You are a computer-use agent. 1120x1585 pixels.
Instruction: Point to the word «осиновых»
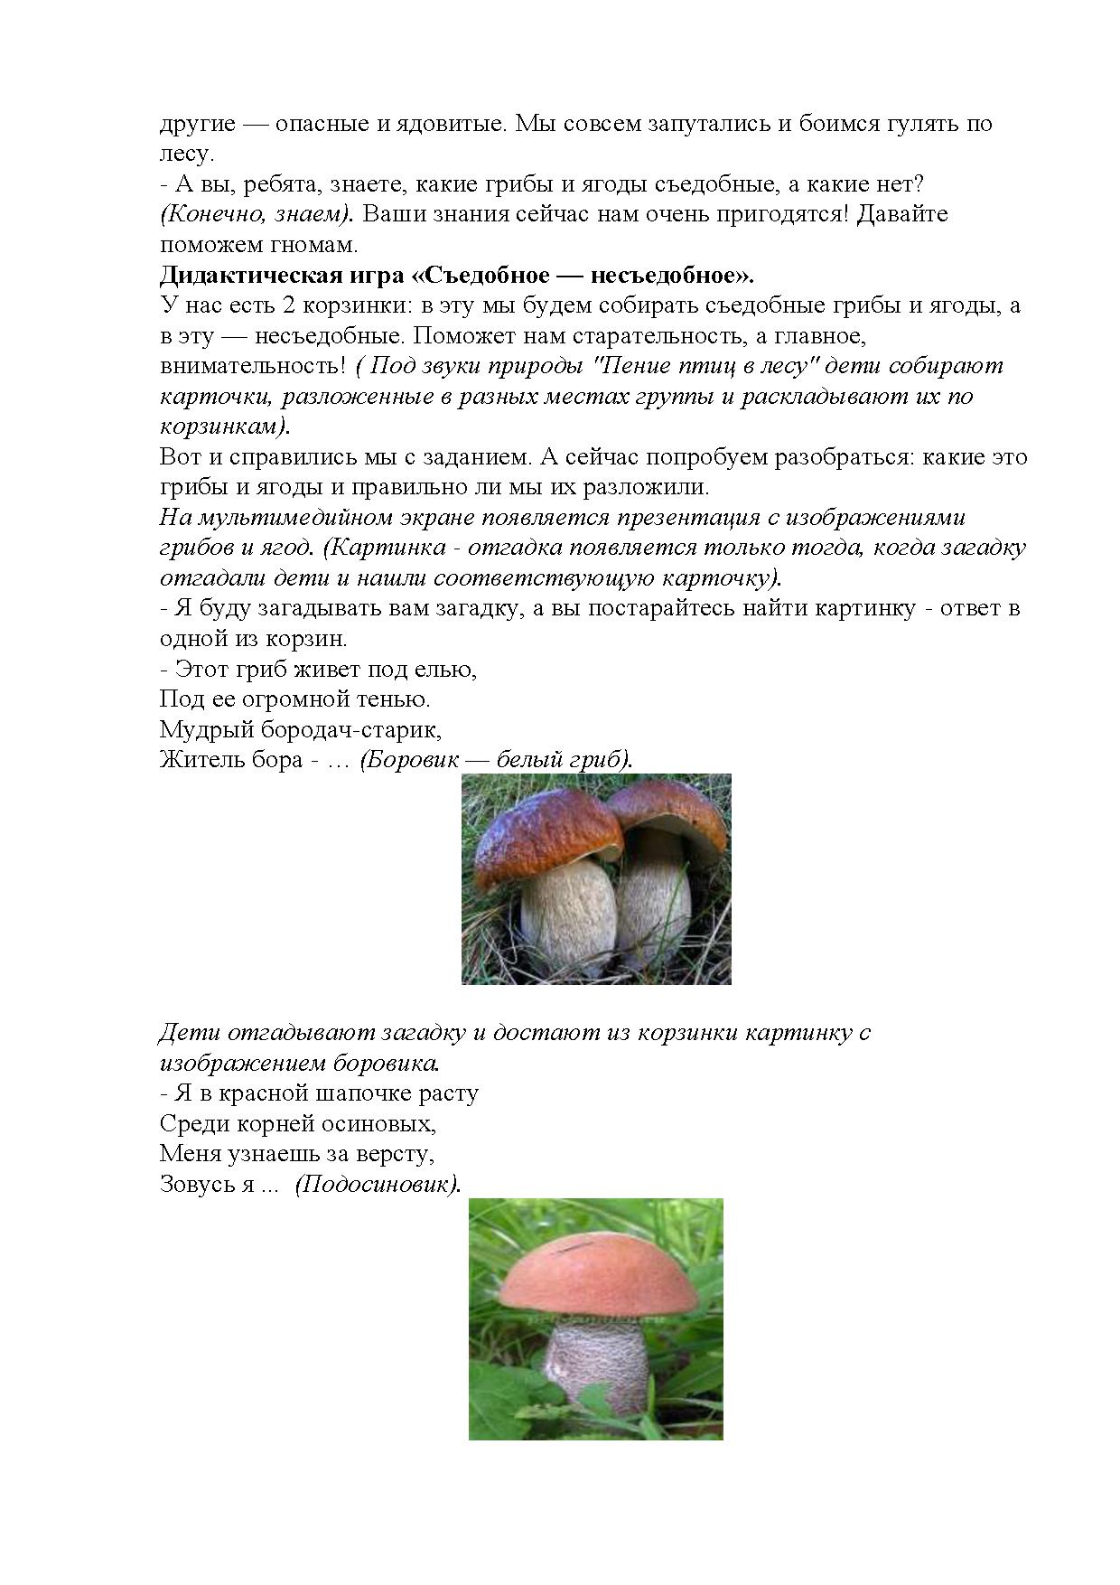(386, 1124)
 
